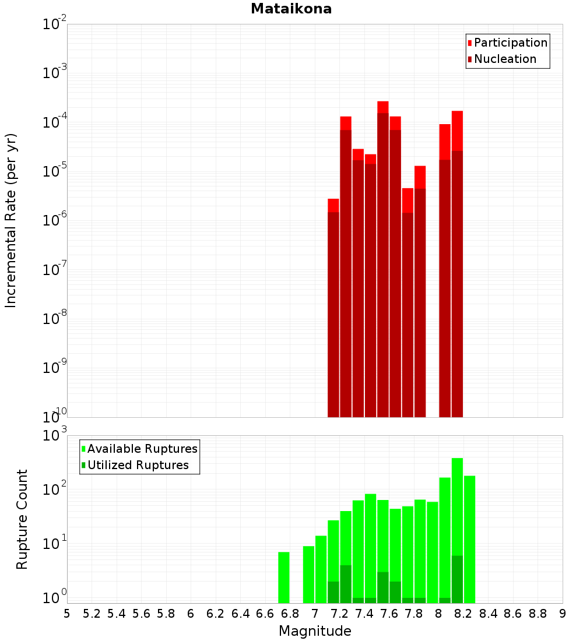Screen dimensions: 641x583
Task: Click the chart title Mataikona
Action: [291, 9]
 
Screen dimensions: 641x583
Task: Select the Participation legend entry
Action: [510, 43]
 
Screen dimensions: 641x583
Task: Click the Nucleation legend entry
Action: [504, 59]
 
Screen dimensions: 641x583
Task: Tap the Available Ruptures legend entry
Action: [142, 449]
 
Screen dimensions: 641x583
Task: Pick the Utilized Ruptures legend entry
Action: [138, 465]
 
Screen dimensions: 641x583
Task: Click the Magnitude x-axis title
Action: [315, 631]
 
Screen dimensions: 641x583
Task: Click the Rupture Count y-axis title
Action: [22, 519]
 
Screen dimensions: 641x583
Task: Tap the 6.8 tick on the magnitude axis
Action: [290, 614]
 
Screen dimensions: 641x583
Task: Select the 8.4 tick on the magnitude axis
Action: [488, 614]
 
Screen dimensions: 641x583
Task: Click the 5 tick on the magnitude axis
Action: [67, 614]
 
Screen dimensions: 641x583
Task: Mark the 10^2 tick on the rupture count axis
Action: [55, 489]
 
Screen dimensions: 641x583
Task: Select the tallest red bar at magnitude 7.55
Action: [383, 262]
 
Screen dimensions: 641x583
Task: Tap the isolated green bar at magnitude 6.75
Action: [284, 577]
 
